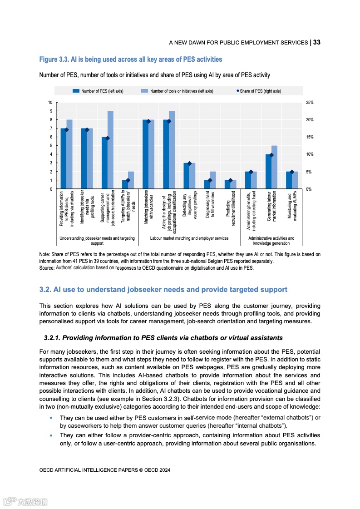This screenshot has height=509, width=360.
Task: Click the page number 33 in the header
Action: click(316, 42)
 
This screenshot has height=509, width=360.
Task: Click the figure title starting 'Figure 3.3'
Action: click(131, 59)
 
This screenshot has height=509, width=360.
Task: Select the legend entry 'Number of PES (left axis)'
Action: click(98, 91)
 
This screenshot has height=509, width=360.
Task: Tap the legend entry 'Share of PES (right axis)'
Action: click(258, 91)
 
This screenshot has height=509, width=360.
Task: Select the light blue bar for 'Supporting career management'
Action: click(110, 150)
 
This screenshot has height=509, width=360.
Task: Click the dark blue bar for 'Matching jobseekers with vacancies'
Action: click(145, 154)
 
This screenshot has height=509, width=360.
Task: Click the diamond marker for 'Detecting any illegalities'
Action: click(189, 163)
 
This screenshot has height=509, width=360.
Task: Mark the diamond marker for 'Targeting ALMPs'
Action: click(128, 180)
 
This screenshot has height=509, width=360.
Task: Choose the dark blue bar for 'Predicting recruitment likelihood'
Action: click(227, 184)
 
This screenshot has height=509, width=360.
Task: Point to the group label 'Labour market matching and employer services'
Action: click(189, 238)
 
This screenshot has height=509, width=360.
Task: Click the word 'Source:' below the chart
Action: click(47, 268)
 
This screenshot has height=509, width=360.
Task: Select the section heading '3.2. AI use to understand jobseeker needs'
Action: click(163, 290)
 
